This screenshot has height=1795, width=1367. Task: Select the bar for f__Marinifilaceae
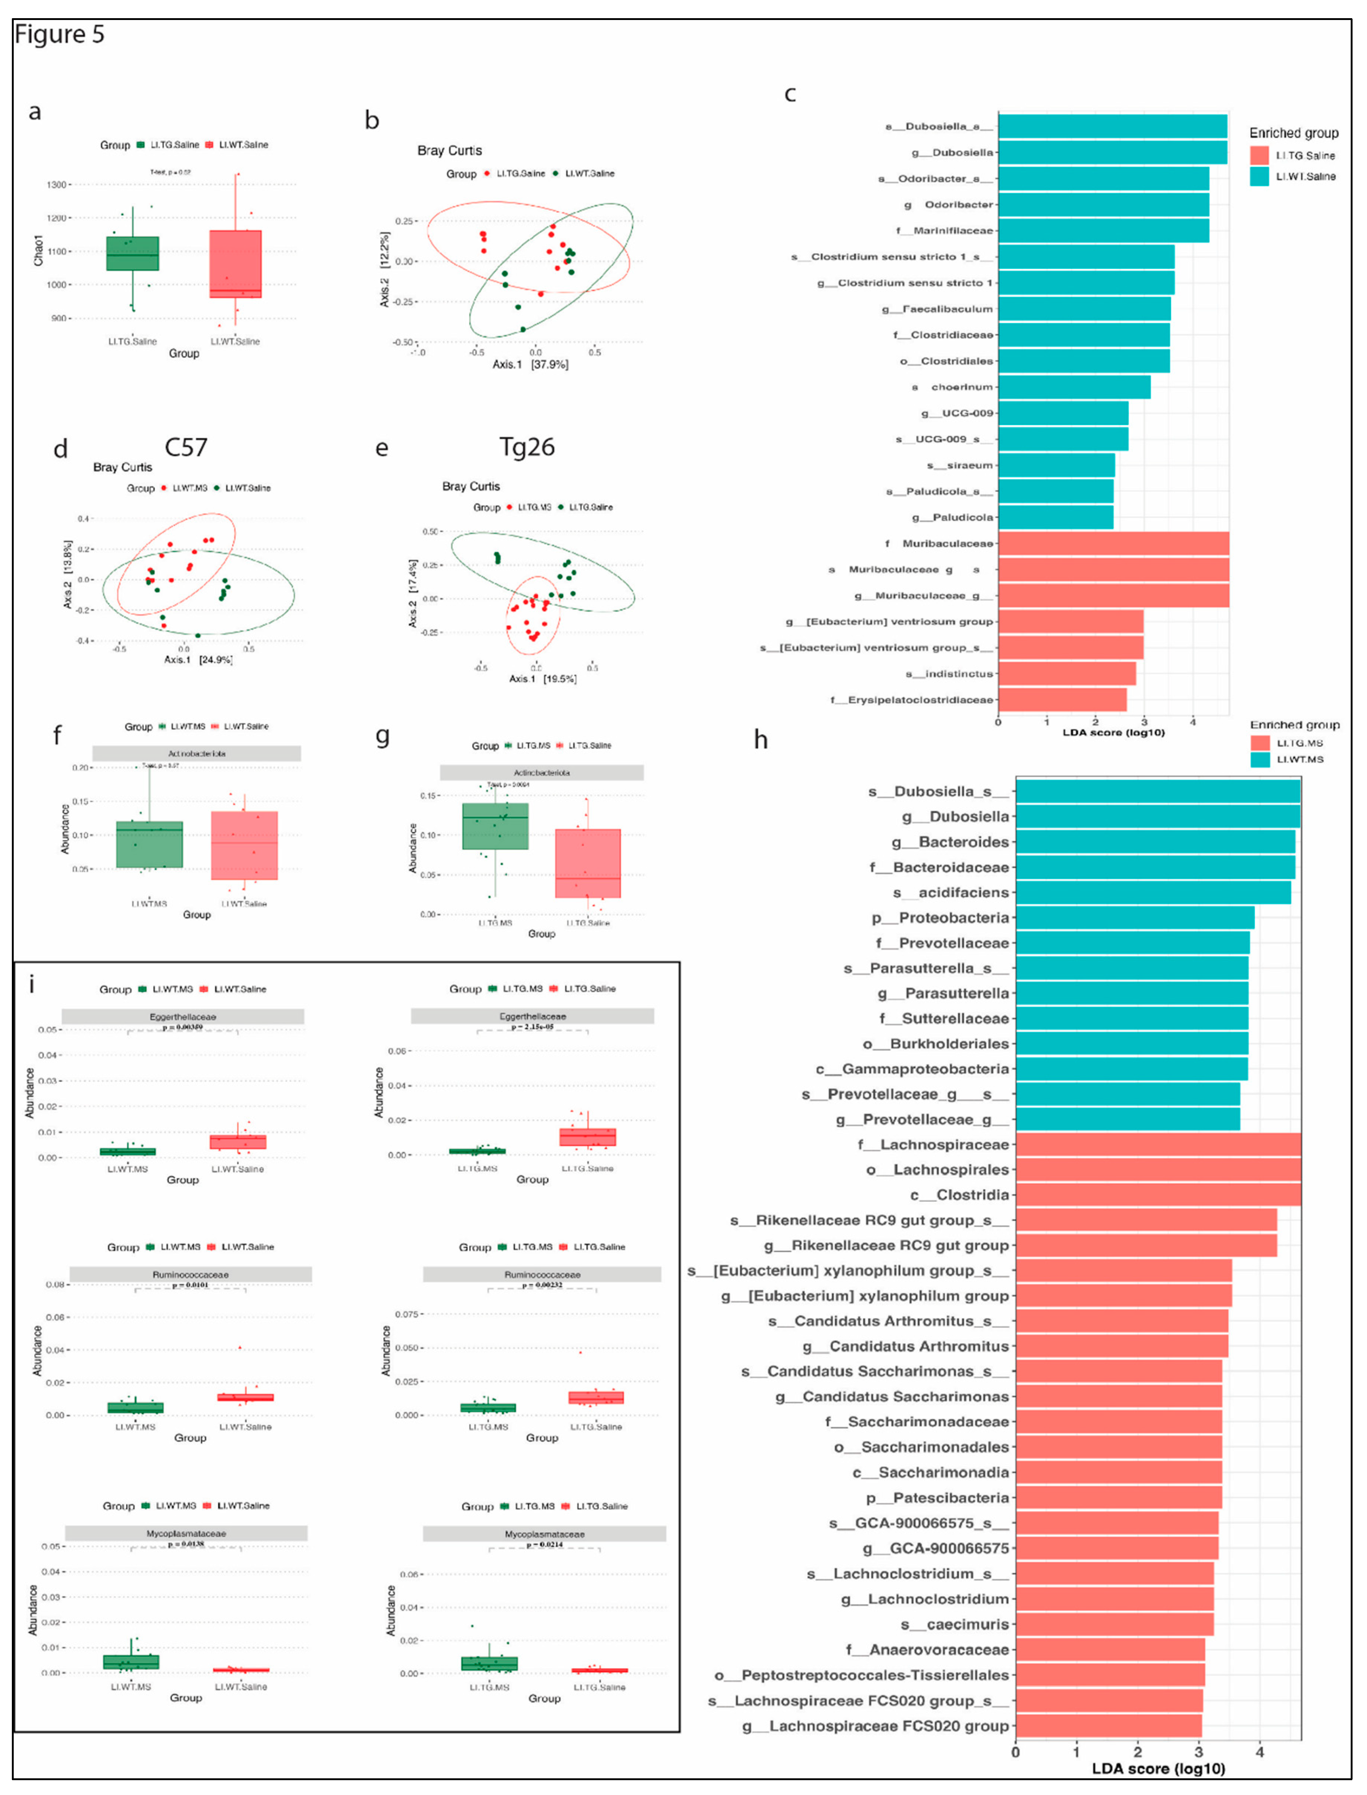[x=1102, y=230]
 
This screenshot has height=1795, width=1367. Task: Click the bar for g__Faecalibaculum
[x=1084, y=308]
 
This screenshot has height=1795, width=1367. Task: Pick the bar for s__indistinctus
[x=1066, y=673]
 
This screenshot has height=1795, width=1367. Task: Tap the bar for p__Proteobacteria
[x=1134, y=918]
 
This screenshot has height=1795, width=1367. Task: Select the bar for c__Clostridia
[x=1157, y=1194]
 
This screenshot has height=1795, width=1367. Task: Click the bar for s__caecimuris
[x=1114, y=1624]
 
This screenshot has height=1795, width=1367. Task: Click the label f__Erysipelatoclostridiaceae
[x=911, y=699]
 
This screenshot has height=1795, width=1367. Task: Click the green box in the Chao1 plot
[x=133, y=253]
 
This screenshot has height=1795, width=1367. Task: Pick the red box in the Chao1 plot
[x=235, y=264]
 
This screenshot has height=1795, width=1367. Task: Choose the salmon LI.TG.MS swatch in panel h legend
[x=1260, y=743]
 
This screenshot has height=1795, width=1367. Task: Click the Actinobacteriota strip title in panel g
[x=541, y=773]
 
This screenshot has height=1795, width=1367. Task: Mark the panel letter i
[x=31, y=985]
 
